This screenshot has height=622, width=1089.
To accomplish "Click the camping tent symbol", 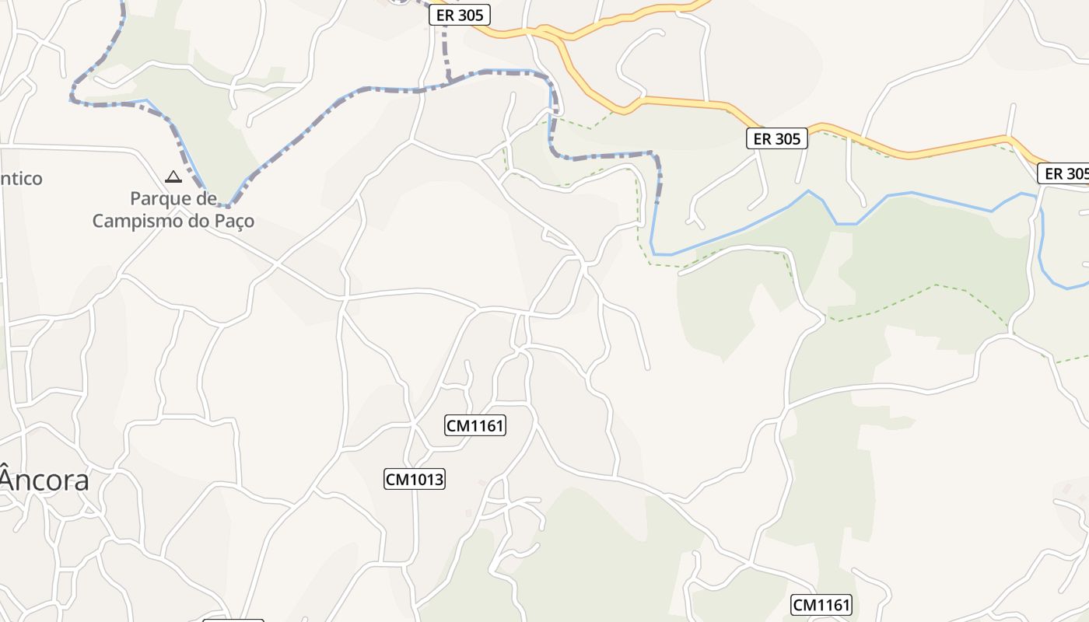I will (173, 176).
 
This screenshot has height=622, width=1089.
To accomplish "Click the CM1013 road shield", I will (415, 479).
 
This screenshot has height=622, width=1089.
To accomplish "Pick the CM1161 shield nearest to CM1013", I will (475, 425).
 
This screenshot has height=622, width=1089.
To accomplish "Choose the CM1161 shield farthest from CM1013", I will (821, 605).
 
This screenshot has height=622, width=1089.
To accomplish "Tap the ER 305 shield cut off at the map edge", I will (1064, 173).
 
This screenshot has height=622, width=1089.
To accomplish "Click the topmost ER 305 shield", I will (460, 15).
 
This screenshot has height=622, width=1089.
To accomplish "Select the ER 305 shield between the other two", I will (777, 138).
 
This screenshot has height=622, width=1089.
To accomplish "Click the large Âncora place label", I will (44, 480).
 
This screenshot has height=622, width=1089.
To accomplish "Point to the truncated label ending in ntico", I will (21, 179).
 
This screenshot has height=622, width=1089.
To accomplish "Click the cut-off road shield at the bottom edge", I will (233, 620).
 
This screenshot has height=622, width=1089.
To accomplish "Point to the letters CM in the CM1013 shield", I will (397, 479).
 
